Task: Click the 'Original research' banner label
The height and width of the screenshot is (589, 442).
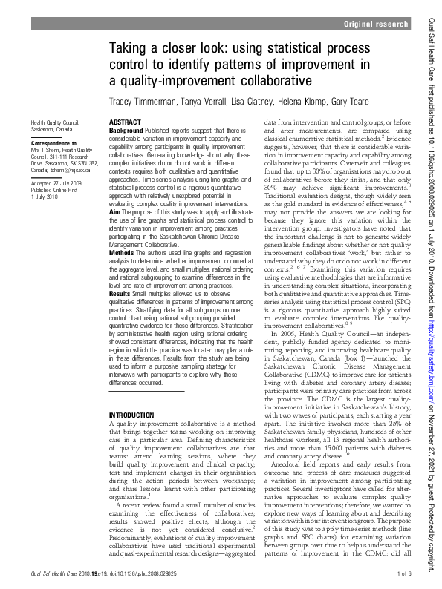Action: (x=376, y=25)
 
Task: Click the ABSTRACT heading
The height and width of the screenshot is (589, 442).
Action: (x=125, y=121)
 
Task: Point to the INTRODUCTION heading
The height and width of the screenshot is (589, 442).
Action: (x=134, y=415)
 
